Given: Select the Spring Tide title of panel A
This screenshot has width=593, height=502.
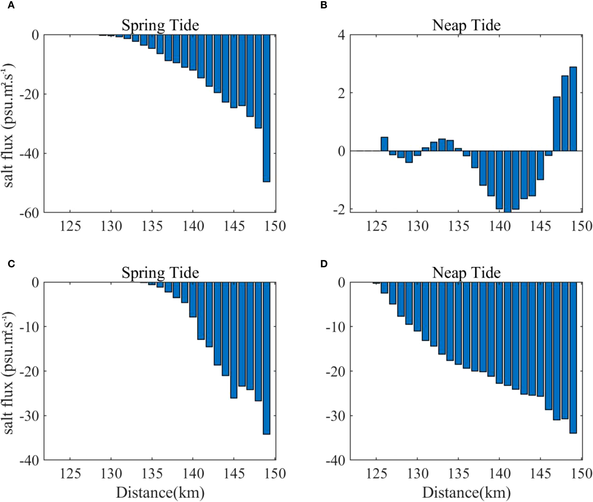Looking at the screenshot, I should [x=160, y=25].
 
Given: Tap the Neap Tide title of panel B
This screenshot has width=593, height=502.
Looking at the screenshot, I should [x=466, y=25].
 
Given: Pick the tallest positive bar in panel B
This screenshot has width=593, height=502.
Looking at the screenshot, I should [x=573, y=109].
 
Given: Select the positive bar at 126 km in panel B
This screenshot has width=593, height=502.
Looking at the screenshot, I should [x=384, y=144].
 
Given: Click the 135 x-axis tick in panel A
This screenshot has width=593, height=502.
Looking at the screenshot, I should [x=152, y=226].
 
